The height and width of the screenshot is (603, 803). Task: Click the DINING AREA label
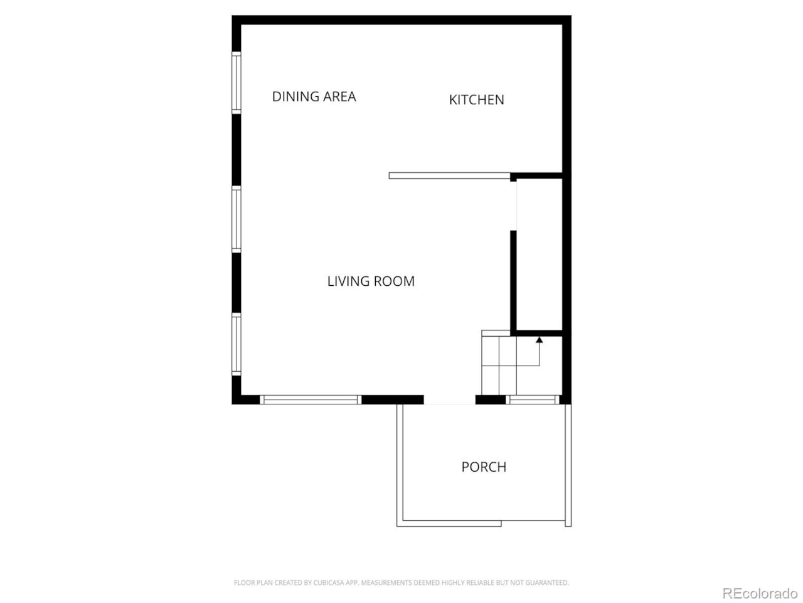314,97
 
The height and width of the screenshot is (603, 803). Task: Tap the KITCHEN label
476,100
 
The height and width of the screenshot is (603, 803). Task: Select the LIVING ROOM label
371,281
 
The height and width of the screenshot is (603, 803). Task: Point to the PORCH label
484,467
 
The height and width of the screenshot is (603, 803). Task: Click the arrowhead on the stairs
539,340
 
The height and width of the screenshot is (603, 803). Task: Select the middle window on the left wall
237,220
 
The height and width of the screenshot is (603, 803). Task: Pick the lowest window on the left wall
237,344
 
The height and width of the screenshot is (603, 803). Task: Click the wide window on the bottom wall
311,399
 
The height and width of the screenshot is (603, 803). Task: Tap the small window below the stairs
533,399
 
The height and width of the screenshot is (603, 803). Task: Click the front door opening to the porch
449,400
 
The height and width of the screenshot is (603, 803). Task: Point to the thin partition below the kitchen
449,176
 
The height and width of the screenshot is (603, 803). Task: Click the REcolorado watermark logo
760,594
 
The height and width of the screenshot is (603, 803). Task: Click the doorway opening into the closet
514,206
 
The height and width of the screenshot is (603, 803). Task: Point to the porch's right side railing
568,465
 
